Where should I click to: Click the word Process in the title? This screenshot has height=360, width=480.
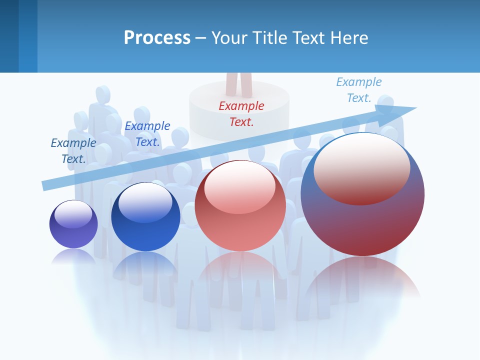(157, 38)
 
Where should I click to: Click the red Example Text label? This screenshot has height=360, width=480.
(241, 113)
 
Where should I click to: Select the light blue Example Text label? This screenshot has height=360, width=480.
(358, 90)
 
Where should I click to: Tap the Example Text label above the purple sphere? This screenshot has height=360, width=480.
(73, 150)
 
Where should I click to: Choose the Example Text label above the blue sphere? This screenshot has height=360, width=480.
(147, 133)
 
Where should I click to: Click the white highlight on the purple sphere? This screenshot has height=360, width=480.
(73, 213)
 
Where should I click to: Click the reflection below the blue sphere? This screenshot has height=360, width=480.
(145, 265)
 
